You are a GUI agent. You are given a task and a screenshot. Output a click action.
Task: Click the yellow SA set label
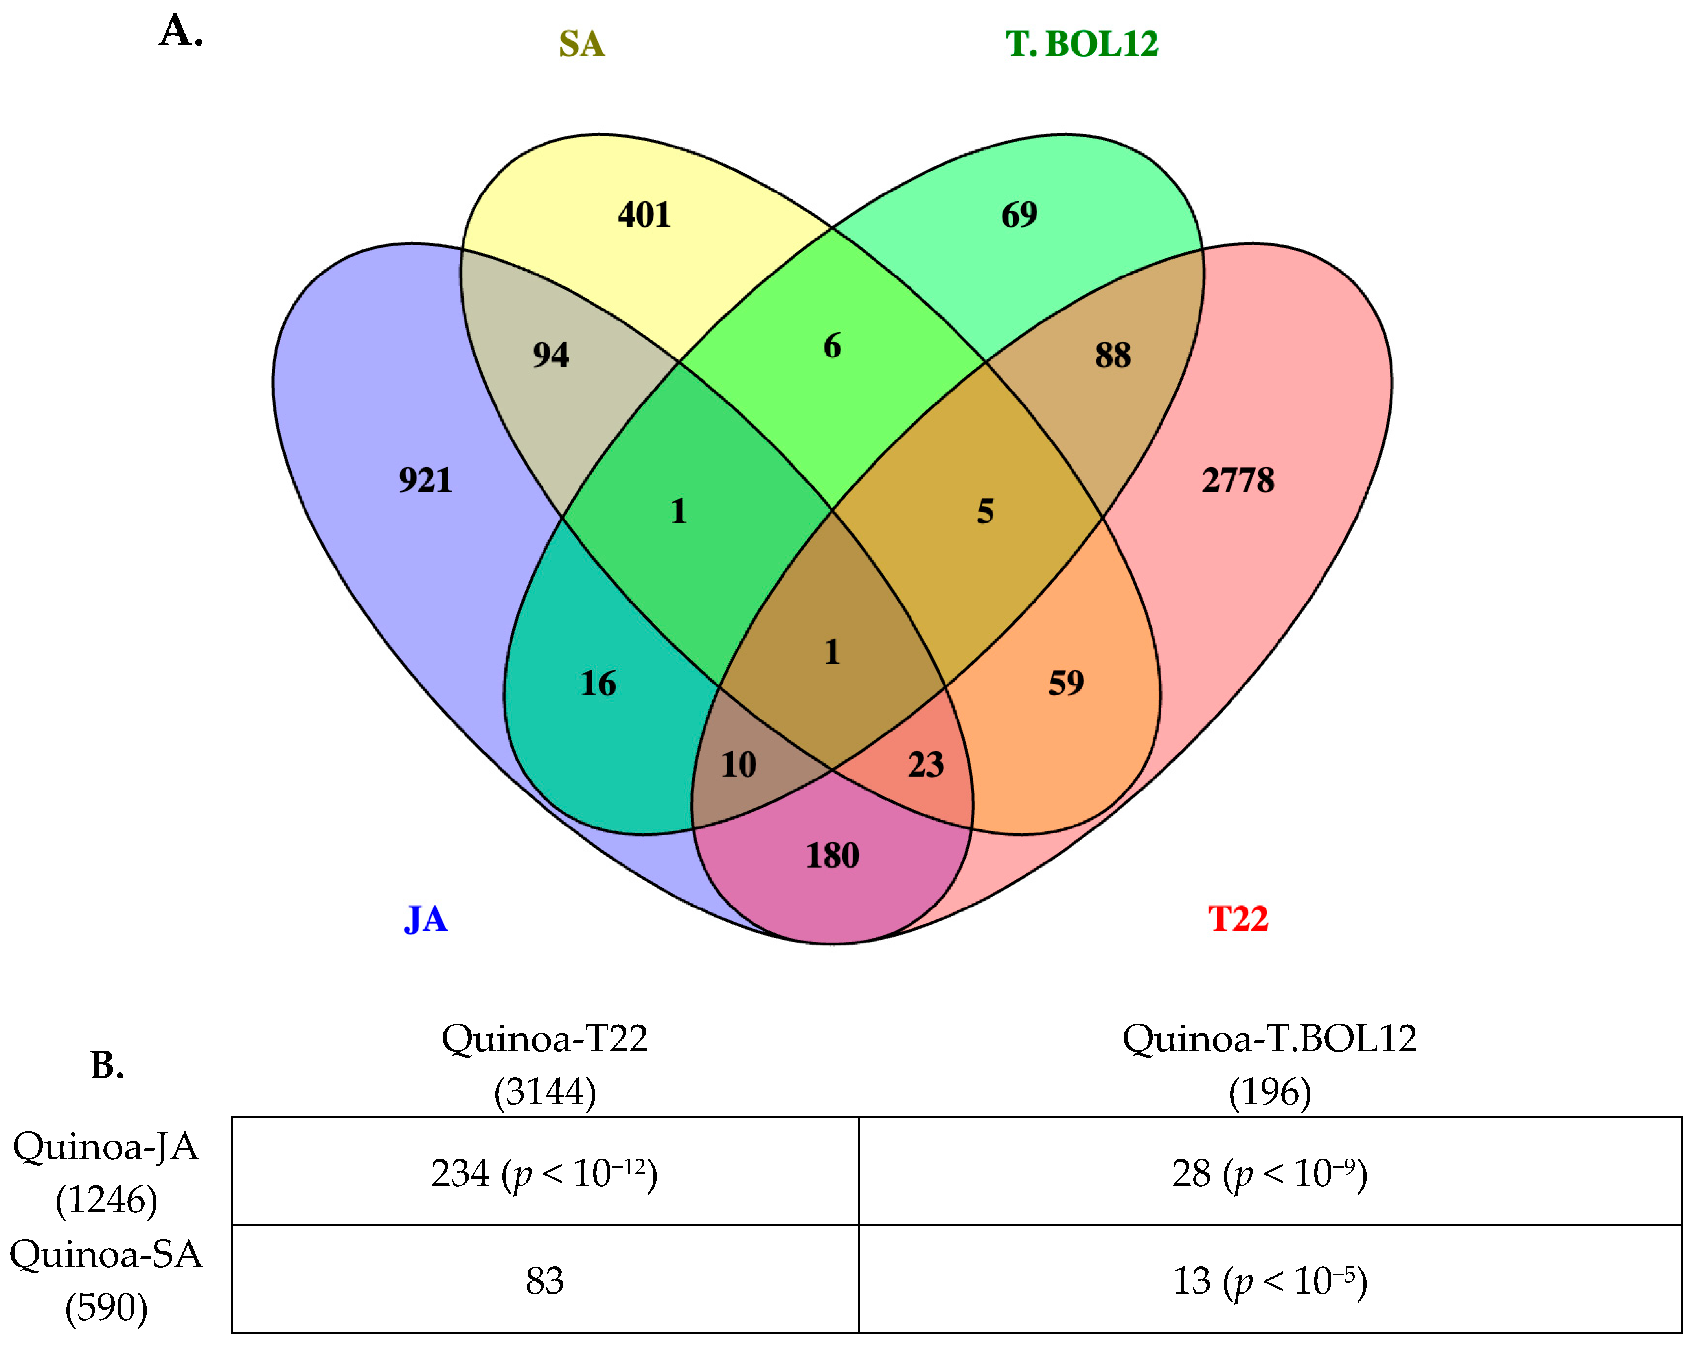tap(581, 44)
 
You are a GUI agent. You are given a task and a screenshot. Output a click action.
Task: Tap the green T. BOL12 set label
tap(1082, 44)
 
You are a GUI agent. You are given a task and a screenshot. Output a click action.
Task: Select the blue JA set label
tap(426, 919)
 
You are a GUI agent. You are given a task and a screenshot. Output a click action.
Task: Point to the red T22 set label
tap(1238, 919)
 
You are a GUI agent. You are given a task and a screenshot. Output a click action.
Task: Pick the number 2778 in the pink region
tap(1237, 480)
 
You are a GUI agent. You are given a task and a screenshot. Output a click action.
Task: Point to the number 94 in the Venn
tap(551, 355)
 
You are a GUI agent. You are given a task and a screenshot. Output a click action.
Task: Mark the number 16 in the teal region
tap(598, 683)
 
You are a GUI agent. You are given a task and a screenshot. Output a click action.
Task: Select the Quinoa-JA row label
tap(106, 1172)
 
